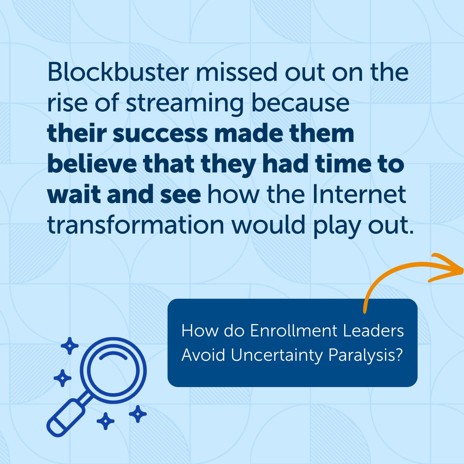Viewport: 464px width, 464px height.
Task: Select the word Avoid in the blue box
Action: [x=203, y=355]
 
